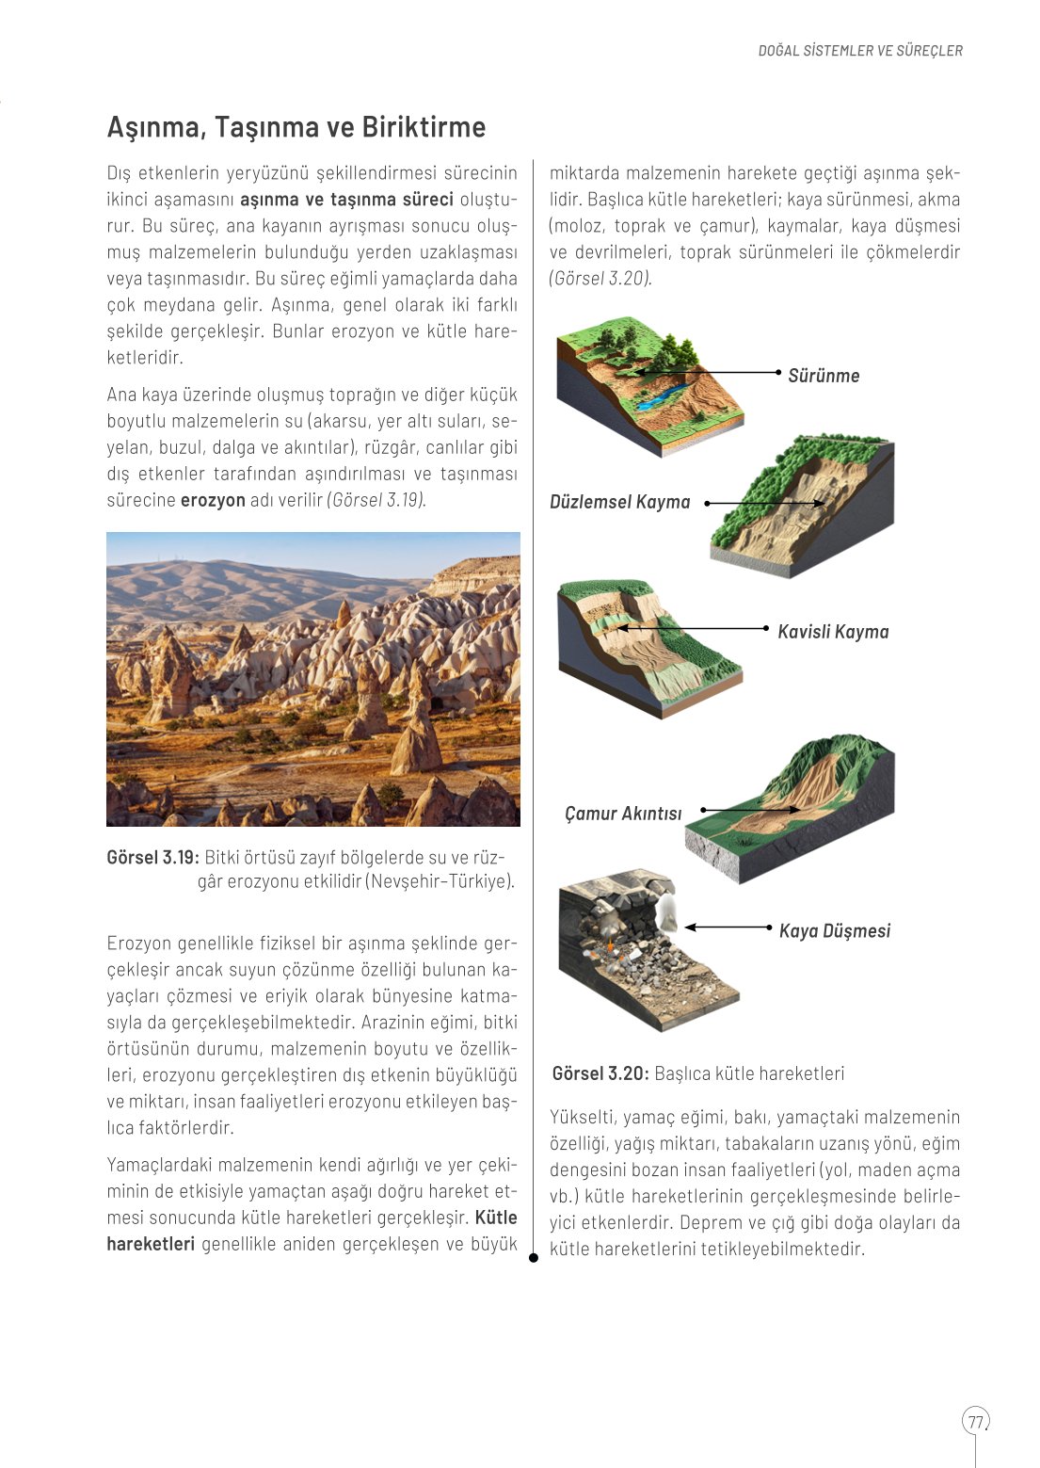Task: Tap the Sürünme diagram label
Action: coord(824,376)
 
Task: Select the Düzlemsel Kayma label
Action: coord(619,502)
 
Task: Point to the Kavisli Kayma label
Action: coord(833,632)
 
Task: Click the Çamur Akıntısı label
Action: coord(623,814)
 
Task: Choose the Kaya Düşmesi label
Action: coord(834,931)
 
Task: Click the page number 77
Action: coord(975,1421)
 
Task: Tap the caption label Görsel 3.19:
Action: coord(152,858)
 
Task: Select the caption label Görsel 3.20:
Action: coord(600,1073)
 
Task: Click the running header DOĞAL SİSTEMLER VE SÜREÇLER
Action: coord(860,51)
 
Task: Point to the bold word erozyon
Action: coord(213,500)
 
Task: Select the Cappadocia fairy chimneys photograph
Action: coord(312,679)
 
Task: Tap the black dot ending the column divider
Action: coord(534,1257)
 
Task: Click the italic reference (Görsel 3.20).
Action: coord(600,279)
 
